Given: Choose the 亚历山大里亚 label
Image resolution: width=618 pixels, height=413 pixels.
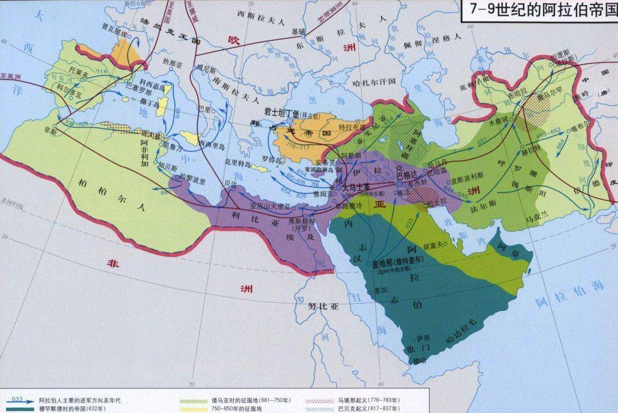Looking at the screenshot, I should tap(271, 205).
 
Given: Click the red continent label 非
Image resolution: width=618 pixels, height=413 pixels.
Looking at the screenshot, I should tap(114, 264).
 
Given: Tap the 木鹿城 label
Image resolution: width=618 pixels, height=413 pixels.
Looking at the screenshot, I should tap(499, 121).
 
